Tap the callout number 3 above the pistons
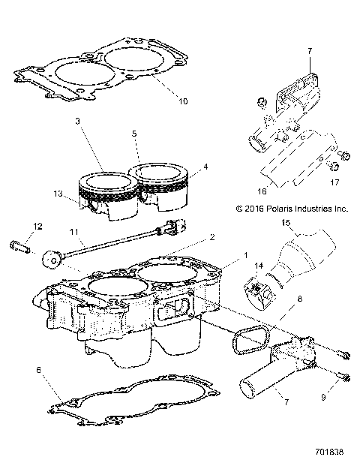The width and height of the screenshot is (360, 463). click(77, 122)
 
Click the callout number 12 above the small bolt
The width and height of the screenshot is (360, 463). click(37, 226)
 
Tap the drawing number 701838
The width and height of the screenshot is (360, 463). click(331, 453)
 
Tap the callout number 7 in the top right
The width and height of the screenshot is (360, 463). click(308, 51)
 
